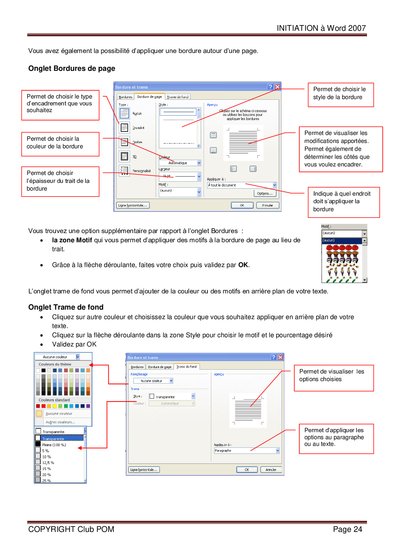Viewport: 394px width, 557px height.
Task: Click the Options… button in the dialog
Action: pyautogui.click(x=265, y=193)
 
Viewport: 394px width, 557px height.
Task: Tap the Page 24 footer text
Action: pyautogui.click(x=347, y=529)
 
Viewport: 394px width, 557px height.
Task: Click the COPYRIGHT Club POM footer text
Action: pyautogui.click(x=71, y=529)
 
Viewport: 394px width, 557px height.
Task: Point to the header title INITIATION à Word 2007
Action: pyautogui.click(x=321, y=28)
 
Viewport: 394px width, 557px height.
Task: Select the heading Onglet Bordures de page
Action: pyautogui.click(x=72, y=69)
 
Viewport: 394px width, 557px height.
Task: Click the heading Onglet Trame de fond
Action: pyautogui.click(x=66, y=307)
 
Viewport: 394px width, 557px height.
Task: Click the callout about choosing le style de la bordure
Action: pyautogui.click(x=341, y=95)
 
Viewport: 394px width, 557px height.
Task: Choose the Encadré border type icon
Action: pyautogui.click(x=124, y=128)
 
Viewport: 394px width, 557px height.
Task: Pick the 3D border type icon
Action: pyautogui.click(x=124, y=156)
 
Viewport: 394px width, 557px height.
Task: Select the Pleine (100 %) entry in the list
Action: pyautogui.click(x=54, y=445)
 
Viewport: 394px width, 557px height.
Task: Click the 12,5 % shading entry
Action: pyautogui.click(x=48, y=463)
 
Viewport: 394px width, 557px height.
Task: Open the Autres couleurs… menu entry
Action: pyautogui.click(x=60, y=422)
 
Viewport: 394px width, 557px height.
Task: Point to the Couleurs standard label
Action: pyautogui.click(x=54, y=400)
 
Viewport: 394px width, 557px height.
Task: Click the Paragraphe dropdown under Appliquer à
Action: pyautogui.click(x=247, y=451)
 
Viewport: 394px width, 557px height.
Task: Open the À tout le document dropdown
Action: pyautogui.click(x=242, y=185)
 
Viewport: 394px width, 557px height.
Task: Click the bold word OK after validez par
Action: pyautogui.click(x=243, y=265)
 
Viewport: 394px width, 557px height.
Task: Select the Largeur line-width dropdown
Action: pyautogui.click(x=180, y=176)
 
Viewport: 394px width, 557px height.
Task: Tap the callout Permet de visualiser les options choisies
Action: pyautogui.click(x=334, y=378)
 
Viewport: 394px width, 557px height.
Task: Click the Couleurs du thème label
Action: pyautogui.click(x=55, y=364)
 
